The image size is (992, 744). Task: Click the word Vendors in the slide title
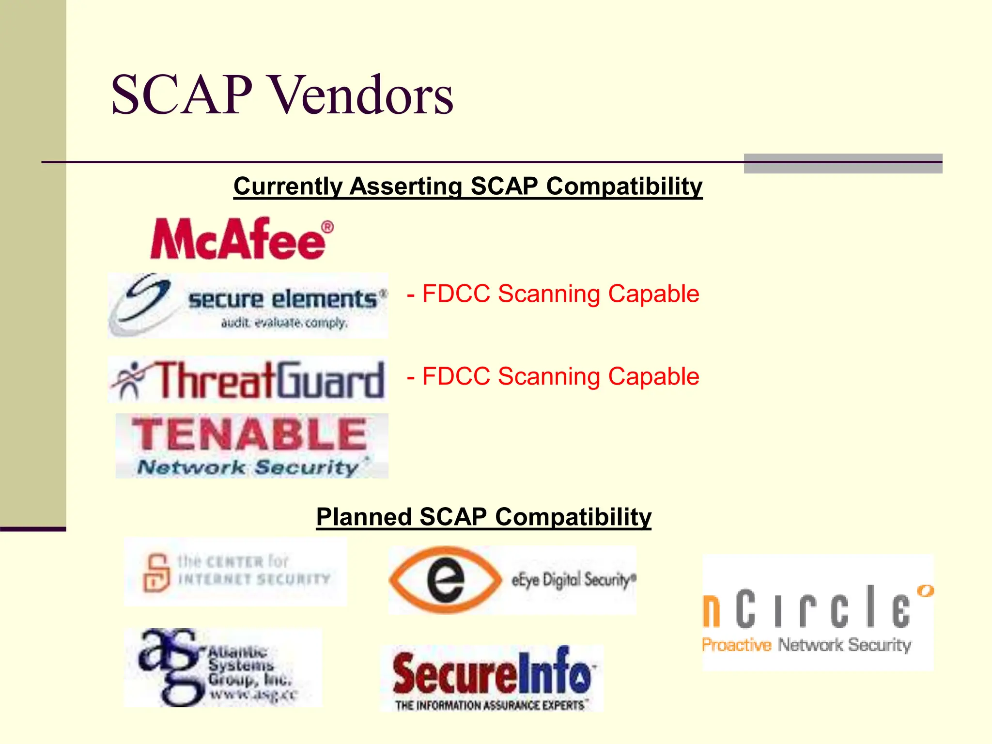[361, 95]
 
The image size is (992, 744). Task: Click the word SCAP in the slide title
[182, 95]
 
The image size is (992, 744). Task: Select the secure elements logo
[248, 305]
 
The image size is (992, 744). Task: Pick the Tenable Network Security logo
[251, 446]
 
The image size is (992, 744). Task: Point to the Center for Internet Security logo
[235, 572]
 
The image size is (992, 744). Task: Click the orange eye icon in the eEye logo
[446, 580]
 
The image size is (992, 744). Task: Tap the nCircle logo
[818, 613]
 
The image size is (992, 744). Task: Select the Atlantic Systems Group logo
[223, 667]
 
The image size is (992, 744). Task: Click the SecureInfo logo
[491, 678]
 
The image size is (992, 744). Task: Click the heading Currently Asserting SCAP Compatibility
[468, 186]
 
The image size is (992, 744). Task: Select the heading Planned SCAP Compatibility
[483, 517]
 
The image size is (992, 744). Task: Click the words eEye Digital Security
[573, 580]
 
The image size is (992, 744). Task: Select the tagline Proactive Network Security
[806, 645]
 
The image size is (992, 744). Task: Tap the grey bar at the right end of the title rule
[843, 164]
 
